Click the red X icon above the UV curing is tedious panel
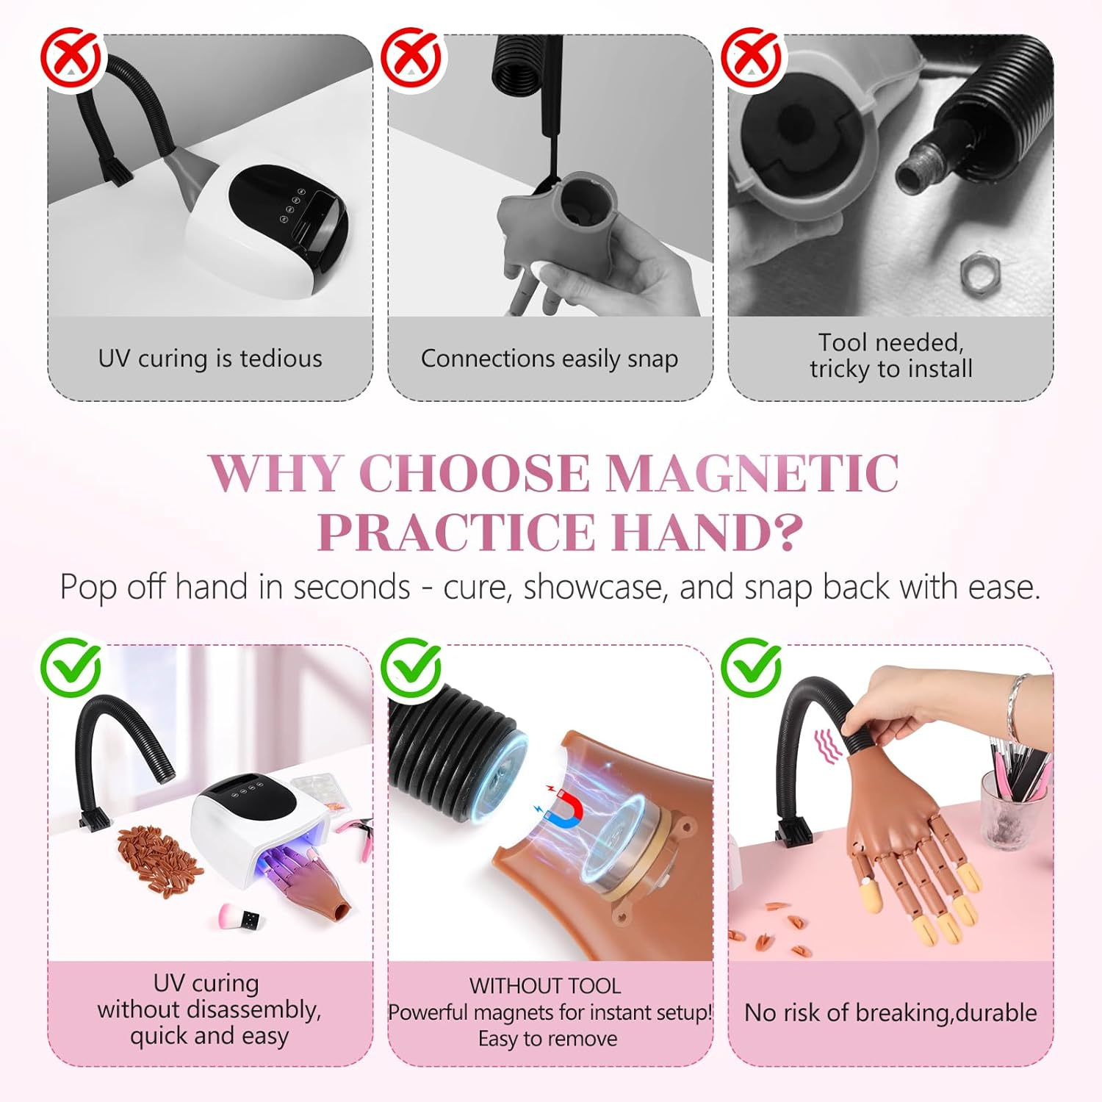pos(71,58)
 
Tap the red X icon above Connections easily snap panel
pos(411,58)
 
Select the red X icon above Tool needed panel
pos(752,58)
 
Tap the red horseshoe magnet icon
pos(566,803)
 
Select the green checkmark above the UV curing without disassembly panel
pos(71,667)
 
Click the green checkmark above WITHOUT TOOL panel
pos(411,667)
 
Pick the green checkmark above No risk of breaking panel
pos(752,667)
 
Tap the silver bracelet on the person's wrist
pos(1016,708)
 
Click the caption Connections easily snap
pos(550,359)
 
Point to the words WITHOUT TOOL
pos(545,986)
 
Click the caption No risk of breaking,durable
pos(890,1012)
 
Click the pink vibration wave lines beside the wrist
pos(829,747)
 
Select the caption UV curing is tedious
pos(210,359)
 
